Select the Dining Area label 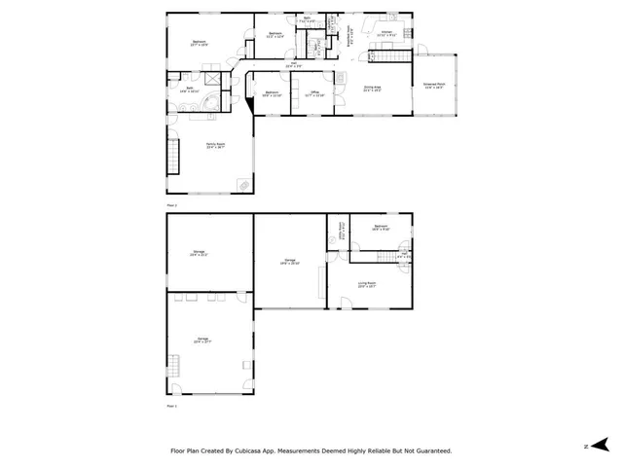(x=372, y=88)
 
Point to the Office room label (x=313, y=94)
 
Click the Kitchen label (x=385, y=34)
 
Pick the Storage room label (x=198, y=253)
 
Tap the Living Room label (x=366, y=285)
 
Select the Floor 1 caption (x=172, y=406)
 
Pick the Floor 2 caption (x=172, y=206)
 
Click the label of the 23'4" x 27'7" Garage (x=202, y=341)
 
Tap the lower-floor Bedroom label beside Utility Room (x=381, y=229)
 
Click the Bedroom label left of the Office (x=272, y=93)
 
